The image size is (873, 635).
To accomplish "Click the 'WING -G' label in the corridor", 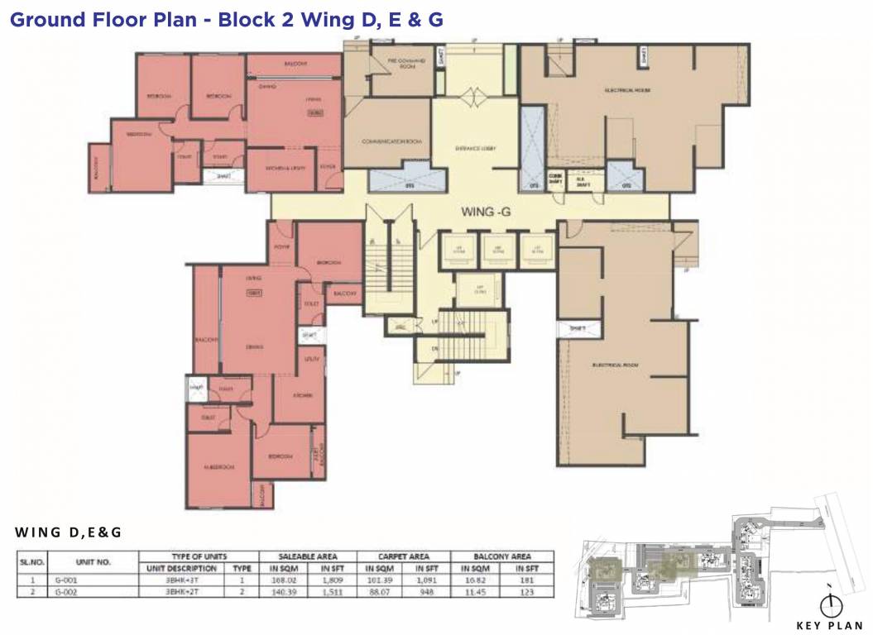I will [486, 212].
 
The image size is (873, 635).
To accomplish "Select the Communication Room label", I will [387, 141].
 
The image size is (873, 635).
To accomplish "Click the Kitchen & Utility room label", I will [281, 168].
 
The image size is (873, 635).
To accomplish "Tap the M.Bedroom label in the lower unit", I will [218, 467].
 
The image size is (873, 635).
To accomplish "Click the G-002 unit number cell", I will [64, 593].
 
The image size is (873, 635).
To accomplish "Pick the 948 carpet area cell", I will [428, 593].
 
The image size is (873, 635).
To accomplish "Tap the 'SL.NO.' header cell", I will [31, 562].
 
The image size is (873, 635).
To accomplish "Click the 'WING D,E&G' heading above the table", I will [69, 532].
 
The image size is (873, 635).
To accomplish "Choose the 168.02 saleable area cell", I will [283, 580].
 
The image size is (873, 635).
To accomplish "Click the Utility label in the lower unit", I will [311, 360].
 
